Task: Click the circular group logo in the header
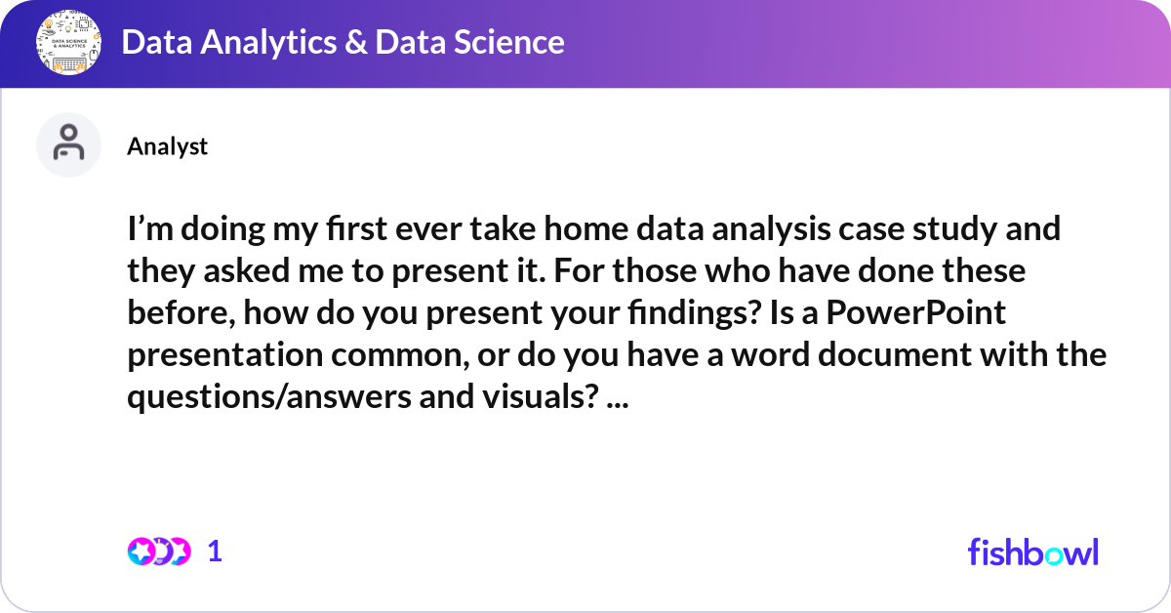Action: (68, 43)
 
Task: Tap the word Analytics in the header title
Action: (266, 42)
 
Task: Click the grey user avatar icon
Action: (68, 144)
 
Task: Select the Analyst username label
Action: (167, 146)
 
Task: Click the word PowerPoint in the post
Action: (916, 314)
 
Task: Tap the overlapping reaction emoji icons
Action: (158, 552)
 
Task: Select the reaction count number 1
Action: (215, 552)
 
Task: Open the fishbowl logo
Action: (1032, 552)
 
